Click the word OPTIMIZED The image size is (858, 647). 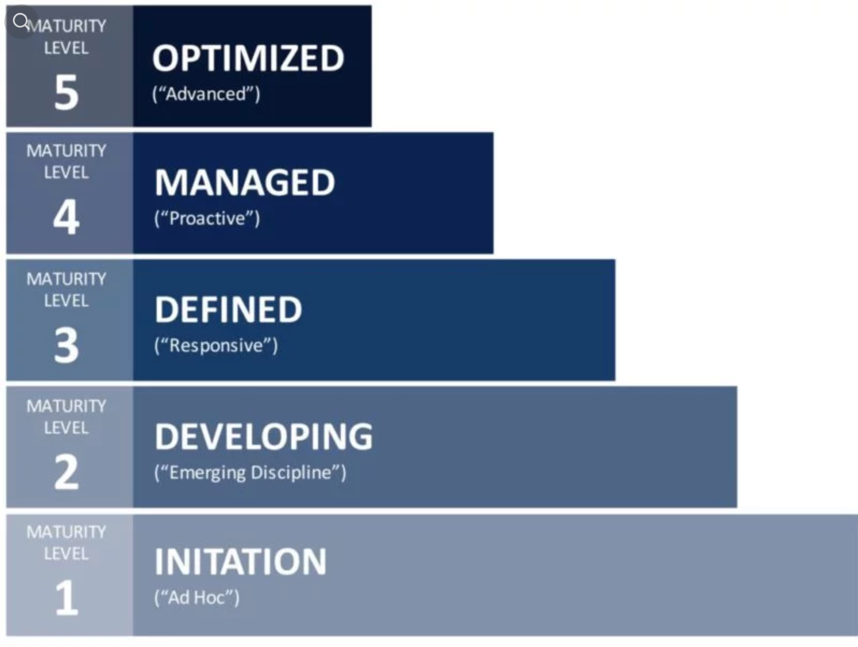tap(248, 58)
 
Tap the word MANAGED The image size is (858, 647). tap(245, 182)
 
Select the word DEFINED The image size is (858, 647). tap(228, 309)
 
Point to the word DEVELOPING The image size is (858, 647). tap(264, 436)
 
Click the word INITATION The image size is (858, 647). tap(240, 562)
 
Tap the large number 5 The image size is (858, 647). tap(67, 92)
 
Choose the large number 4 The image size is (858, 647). tap(67, 217)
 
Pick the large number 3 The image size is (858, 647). tap(67, 344)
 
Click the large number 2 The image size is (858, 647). tap(67, 472)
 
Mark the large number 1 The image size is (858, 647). tap(67, 598)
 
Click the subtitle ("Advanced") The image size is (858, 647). tap(206, 94)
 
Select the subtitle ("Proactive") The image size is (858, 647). tap(207, 218)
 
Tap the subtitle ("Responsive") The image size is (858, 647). tap(216, 346)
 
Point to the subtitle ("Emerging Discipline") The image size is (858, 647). tap(250, 472)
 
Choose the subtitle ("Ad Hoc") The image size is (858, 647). tap(197, 598)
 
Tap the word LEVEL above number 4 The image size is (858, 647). tap(66, 172)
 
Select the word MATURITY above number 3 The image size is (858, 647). tap(66, 279)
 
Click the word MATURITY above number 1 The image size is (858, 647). tap(66, 532)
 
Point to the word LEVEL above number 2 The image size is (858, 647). tap(66, 428)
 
